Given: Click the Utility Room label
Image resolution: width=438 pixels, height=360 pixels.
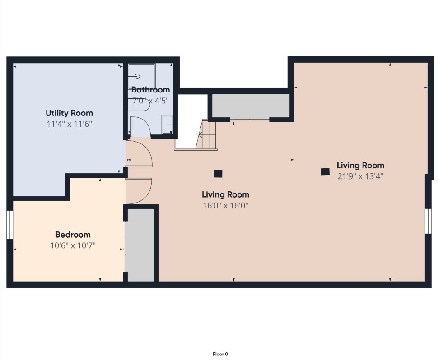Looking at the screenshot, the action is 69,113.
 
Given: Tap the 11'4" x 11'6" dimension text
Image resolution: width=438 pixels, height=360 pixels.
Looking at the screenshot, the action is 69,124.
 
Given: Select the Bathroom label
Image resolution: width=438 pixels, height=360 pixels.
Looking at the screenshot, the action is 150,90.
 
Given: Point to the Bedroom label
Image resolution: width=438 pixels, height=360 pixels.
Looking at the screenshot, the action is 73,235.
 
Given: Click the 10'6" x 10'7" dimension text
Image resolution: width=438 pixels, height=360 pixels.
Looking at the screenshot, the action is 73,245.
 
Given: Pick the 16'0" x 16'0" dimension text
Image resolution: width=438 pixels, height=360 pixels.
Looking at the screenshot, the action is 225,206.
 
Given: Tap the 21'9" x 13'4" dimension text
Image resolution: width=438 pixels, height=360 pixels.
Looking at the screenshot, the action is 360,176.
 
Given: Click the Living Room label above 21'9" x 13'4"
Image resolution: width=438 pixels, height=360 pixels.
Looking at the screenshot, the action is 360,165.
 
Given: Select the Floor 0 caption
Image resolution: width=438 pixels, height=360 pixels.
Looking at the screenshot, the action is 220,354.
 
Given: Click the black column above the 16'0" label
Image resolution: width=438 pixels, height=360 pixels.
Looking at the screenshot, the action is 218,174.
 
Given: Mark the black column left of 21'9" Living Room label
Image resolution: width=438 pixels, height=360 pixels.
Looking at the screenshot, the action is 325,172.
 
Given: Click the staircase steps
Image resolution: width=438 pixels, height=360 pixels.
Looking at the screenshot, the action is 206,134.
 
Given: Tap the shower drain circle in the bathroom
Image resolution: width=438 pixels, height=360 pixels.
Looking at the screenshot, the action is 137,76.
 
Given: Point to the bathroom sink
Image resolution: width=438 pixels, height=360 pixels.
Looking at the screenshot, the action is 167,125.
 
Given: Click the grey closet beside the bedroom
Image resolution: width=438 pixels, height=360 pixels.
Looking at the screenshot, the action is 141,245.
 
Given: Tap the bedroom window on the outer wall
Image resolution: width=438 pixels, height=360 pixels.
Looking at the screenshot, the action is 10,225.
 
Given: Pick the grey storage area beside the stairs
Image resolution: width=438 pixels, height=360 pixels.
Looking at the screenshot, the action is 251,106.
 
